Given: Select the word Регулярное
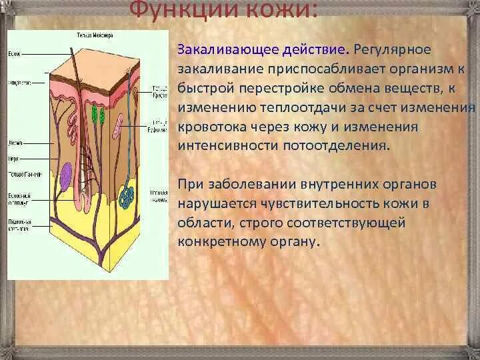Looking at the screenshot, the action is point(393,50).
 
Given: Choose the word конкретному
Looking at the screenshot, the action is point(214,241).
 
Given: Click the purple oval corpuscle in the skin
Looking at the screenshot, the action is point(66,181).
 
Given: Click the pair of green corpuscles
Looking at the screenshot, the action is point(99,115).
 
